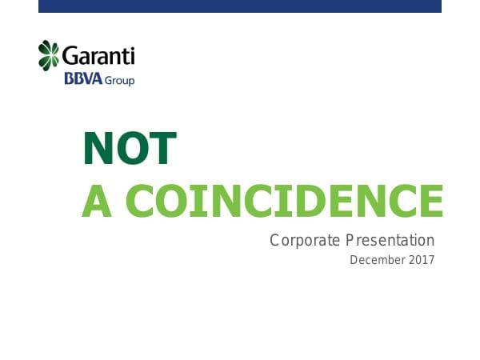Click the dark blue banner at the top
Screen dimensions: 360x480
pyautogui.click(x=240, y=6)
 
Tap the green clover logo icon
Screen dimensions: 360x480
pyautogui.click(x=49, y=55)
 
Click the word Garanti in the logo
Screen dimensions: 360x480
pyautogui.click(x=98, y=57)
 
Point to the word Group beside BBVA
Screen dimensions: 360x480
pyautogui.click(x=119, y=81)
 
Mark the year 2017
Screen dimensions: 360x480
pyautogui.click(x=420, y=260)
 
